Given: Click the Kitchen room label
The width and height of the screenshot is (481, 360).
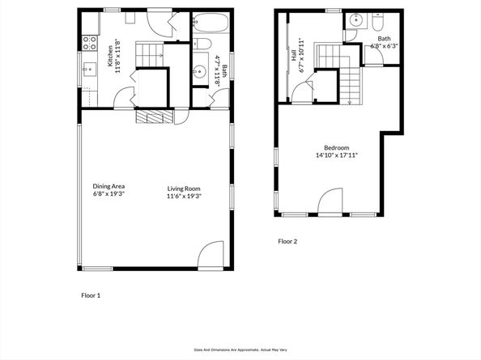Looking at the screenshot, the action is pyautogui.click(x=110, y=56).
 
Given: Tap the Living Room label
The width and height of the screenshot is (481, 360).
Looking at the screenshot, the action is pyautogui.click(x=184, y=188).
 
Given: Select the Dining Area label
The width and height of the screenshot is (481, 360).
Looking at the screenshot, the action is pyautogui.click(x=109, y=186).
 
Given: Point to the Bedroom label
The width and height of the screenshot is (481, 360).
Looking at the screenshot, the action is pyautogui.click(x=337, y=148).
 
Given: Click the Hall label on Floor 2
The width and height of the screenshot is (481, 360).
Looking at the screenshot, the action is pyautogui.click(x=294, y=55).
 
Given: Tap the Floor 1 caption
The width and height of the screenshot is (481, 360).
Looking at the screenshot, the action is pyautogui.click(x=91, y=295).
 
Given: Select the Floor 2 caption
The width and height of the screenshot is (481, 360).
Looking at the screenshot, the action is pyautogui.click(x=287, y=241).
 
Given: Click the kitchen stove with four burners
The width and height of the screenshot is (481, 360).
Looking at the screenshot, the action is pyautogui.click(x=89, y=43).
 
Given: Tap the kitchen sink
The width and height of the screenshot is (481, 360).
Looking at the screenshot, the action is pyautogui.click(x=89, y=70).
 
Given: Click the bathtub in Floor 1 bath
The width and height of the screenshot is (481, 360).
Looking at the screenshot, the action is pyautogui.click(x=211, y=23).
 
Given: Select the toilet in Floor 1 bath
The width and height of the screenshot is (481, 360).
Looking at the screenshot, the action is pyautogui.click(x=202, y=44).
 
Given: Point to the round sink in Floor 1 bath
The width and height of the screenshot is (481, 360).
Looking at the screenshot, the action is pyautogui.click(x=200, y=72).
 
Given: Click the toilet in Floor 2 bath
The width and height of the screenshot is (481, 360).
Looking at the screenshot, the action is pyautogui.click(x=377, y=22).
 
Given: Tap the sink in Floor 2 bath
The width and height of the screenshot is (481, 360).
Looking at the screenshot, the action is pyautogui.click(x=356, y=20).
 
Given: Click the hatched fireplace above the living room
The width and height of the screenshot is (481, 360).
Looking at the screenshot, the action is pyautogui.click(x=155, y=116).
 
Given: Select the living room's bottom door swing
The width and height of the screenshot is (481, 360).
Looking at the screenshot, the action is pyautogui.click(x=211, y=255).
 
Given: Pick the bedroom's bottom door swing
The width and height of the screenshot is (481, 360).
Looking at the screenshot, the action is pyautogui.click(x=330, y=201).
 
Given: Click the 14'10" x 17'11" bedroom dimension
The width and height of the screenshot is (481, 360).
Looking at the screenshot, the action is pyautogui.click(x=337, y=155).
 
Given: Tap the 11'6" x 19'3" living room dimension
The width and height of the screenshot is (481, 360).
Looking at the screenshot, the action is pyautogui.click(x=184, y=196).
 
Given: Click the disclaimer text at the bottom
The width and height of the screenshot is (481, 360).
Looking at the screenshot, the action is pyautogui.click(x=240, y=349).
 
